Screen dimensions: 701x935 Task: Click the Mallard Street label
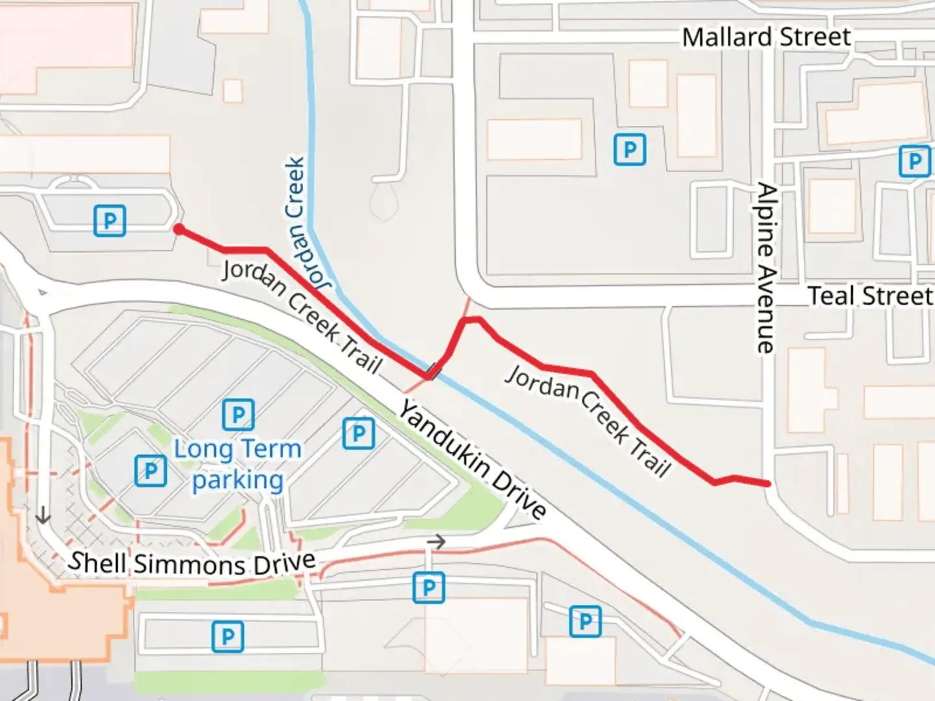(x=766, y=37)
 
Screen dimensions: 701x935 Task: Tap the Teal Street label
(x=870, y=296)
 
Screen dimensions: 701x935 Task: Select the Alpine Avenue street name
(x=767, y=268)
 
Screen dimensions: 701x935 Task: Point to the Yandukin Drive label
(x=472, y=460)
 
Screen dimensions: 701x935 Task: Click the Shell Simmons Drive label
(x=192, y=563)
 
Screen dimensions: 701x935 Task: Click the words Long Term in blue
(x=238, y=449)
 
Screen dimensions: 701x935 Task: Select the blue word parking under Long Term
(x=238, y=480)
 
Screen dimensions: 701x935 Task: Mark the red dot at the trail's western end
(x=179, y=229)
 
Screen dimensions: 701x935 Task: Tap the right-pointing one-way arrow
(x=437, y=541)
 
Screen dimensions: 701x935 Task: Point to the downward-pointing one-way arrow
(x=43, y=515)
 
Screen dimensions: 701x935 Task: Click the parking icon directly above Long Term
(x=238, y=415)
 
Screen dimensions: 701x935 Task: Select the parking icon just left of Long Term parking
(x=151, y=471)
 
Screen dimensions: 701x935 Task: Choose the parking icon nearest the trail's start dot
(x=110, y=221)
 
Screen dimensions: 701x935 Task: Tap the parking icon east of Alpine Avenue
(x=914, y=160)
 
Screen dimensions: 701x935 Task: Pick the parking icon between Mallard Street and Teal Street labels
(x=629, y=150)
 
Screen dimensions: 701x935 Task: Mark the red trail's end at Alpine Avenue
(x=767, y=484)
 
